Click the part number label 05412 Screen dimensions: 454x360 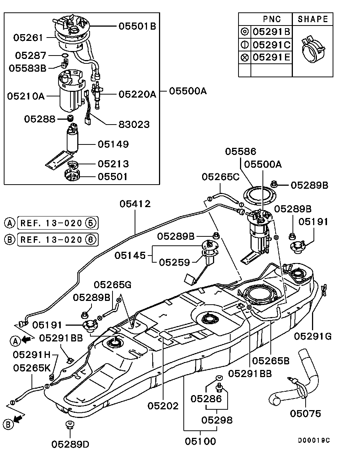click(x=135, y=204)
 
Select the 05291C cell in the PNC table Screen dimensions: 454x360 click(x=271, y=45)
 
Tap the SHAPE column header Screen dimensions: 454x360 click(x=312, y=19)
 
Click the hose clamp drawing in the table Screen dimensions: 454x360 click(x=312, y=51)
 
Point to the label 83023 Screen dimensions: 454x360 click(x=134, y=124)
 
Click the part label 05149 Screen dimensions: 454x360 click(x=113, y=144)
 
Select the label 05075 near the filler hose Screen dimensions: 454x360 click(x=306, y=413)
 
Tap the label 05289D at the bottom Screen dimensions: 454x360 click(x=70, y=444)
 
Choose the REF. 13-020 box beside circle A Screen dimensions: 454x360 click(x=57, y=223)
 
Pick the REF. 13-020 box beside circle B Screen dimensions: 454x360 click(x=57, y=239)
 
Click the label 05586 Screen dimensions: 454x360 click(x=240, y=152)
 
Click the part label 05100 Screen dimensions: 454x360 click(x=200, y=442)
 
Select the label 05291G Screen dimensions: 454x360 click(x=313, y=336)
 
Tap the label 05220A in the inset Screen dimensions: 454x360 click(x=137, y=94)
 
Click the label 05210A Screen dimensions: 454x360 click(x=26, y=96)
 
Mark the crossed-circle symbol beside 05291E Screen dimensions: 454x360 click(x=244, y=57)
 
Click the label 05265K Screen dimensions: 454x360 click(x=32, y=368)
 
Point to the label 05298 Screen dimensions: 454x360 click(x=217, y=420)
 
